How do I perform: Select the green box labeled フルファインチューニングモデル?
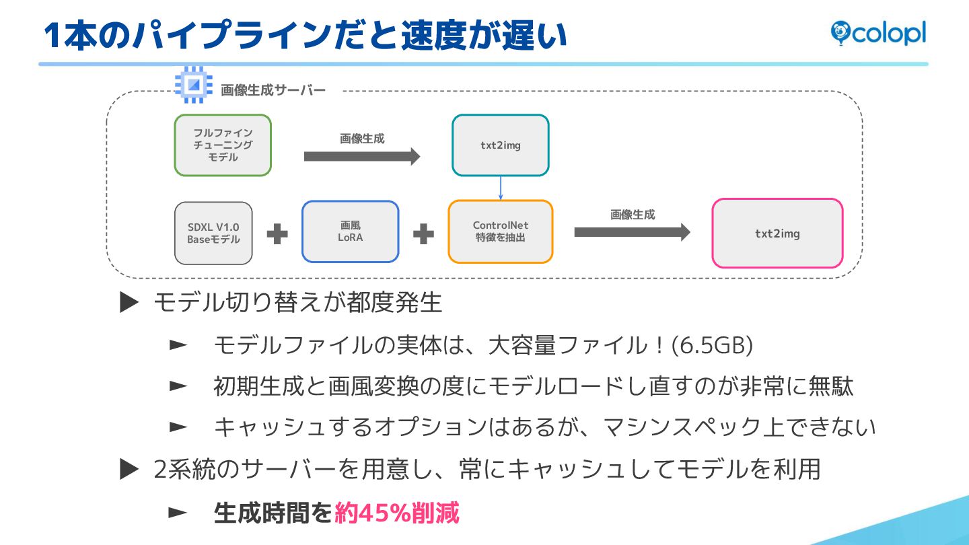click(x=223, y=145)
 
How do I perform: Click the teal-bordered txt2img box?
click(x=501, y=145)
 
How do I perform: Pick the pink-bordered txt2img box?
click(x=777, y=233)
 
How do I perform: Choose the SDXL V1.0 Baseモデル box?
click(x=213, y=233)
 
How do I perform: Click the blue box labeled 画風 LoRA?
click(x=350, y=231)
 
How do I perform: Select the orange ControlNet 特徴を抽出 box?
click(x=500, y=231)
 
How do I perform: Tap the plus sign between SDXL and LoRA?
click(x=277, y=234)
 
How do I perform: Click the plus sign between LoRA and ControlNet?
click(x=423, y=234)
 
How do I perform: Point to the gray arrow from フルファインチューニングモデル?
click(x=362, y=157)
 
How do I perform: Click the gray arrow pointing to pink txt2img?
click(x=632, y=232)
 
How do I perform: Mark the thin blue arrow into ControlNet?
click(x=501, y=188)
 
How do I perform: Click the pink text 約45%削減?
click(x=397, y=513)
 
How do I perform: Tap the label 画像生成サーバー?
click(x=273, y=90)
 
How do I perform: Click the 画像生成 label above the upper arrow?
click(x=362, y=139)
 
